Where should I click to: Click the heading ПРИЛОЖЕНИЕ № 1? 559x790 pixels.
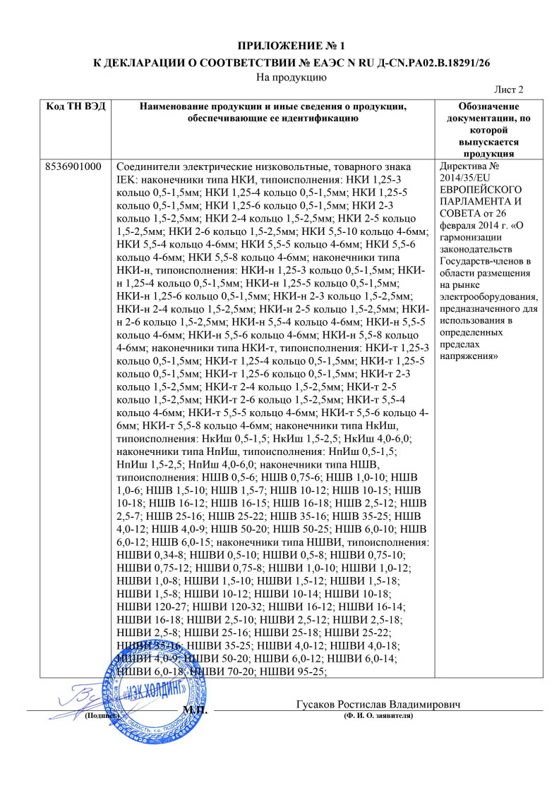279,47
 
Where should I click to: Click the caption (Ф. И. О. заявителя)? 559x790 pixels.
378,716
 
